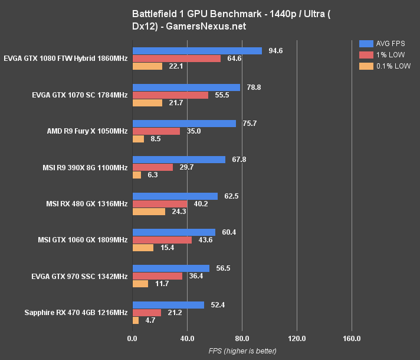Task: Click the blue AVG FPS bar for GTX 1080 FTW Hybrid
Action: (197, 51)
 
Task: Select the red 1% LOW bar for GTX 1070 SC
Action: (170, 95)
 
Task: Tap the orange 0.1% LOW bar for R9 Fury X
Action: (138, 139)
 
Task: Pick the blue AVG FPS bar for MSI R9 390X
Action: (179, 160)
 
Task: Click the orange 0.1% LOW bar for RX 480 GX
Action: (149, 211)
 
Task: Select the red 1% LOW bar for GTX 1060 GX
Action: (162, 240)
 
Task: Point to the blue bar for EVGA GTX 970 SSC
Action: (171, 268)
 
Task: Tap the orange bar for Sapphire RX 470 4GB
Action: (136, 320)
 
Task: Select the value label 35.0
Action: (193, 131)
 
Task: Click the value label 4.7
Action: (150, 320)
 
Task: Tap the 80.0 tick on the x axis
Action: (242, 339)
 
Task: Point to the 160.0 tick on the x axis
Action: (352, 339)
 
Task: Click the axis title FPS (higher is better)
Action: (242, 351)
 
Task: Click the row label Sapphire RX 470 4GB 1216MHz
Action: (76, 313)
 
